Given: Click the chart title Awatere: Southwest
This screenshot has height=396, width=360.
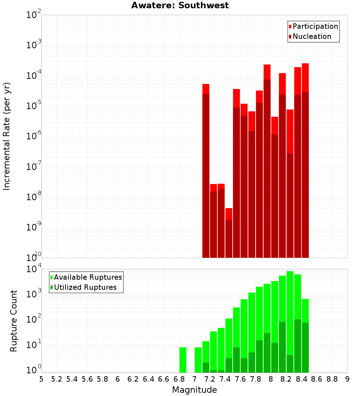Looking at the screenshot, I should [180, 5].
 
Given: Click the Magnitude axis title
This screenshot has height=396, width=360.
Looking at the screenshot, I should [194, 390].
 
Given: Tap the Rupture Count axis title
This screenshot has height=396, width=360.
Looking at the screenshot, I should [14, 320].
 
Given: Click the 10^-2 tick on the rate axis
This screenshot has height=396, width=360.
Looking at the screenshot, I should [33, 15].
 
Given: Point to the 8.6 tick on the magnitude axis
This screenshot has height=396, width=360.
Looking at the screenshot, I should [317, 379].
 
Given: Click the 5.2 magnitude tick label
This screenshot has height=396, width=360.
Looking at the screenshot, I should [57, 379].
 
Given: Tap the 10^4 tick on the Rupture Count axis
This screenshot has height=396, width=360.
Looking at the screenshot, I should [33, 269].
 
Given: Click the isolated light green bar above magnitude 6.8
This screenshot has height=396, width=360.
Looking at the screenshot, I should [183, 360].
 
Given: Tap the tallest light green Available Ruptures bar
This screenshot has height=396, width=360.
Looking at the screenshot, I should [290, 320].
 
